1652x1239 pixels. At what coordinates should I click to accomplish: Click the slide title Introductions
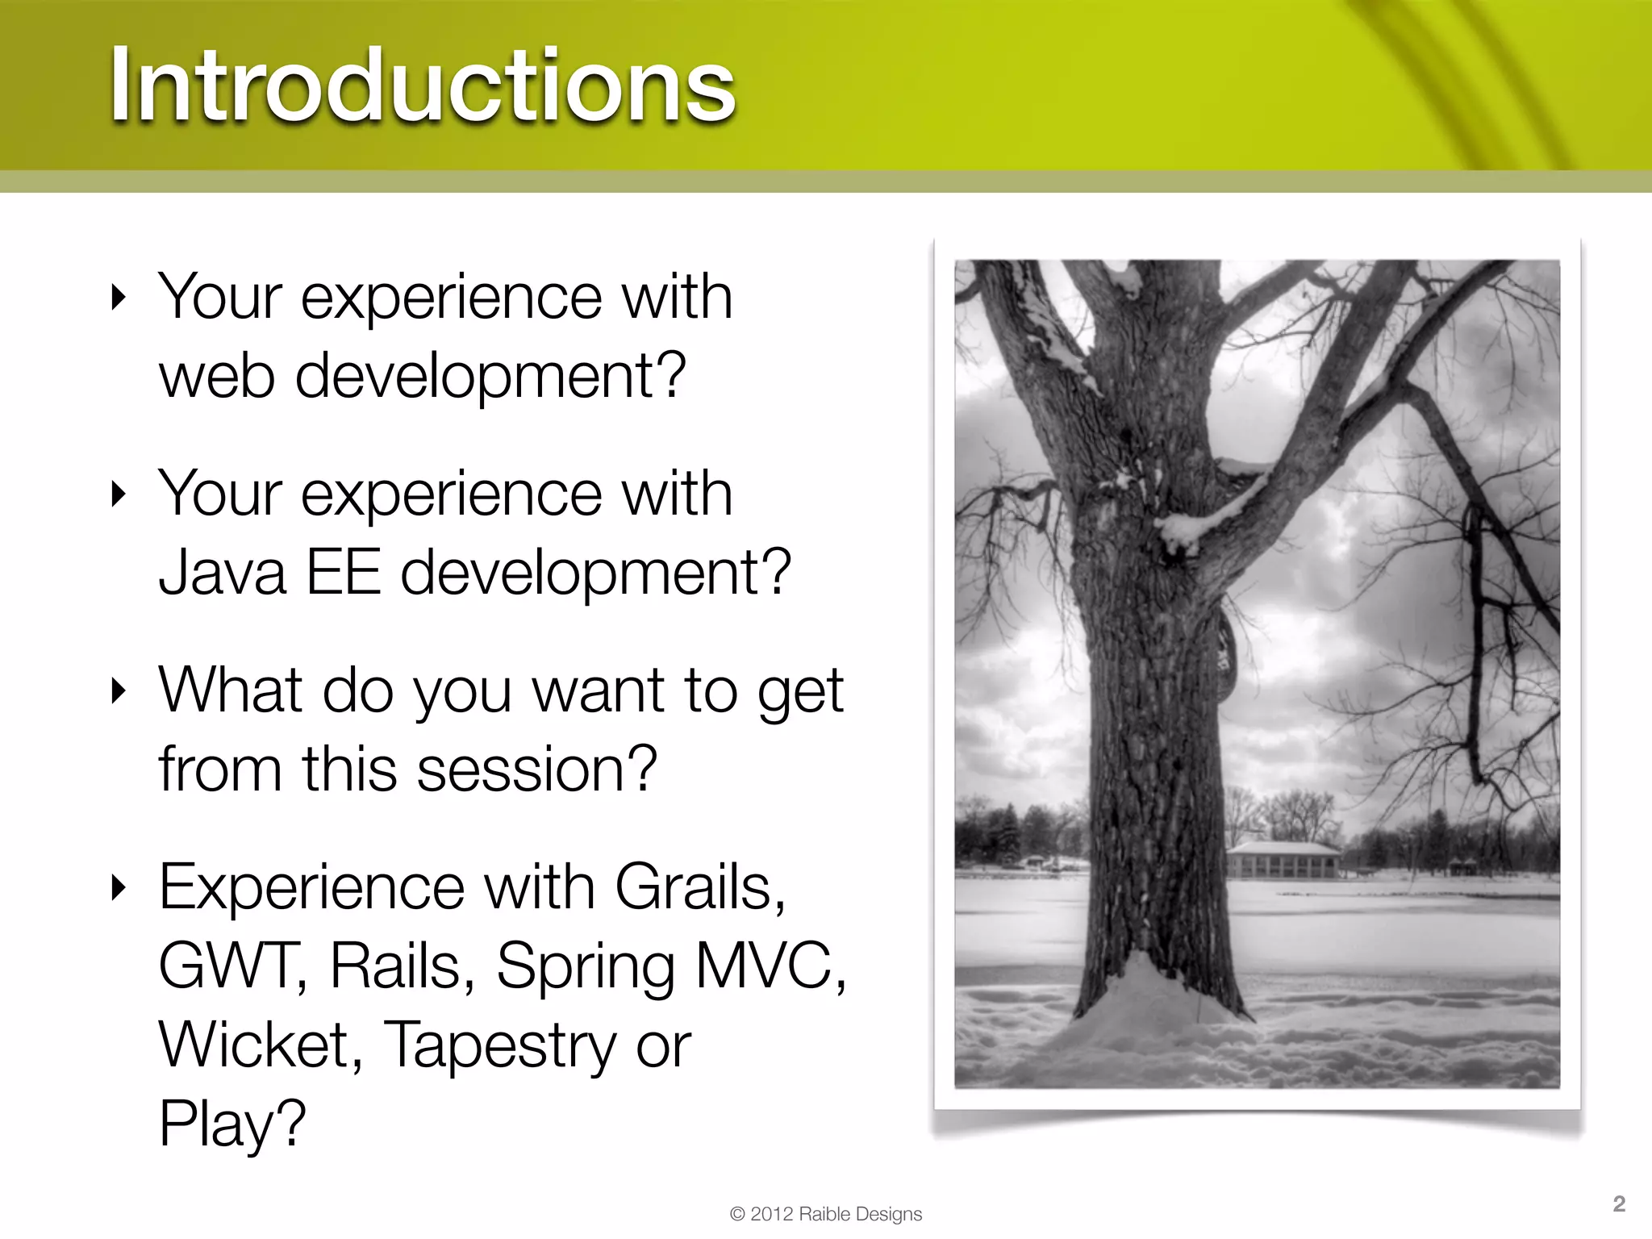[x=422, y=85]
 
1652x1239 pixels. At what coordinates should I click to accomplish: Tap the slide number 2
[x=1618, y=1204]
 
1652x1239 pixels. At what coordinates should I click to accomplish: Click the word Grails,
[x=700, y=886]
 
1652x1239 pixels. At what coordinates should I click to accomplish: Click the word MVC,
[x=770, y=966]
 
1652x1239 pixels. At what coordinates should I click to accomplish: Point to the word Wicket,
[x=260, y=1045]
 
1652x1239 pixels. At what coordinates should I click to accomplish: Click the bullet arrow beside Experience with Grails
[x=119, y=887]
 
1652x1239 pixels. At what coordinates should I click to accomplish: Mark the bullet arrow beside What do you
[x=119, y=690]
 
